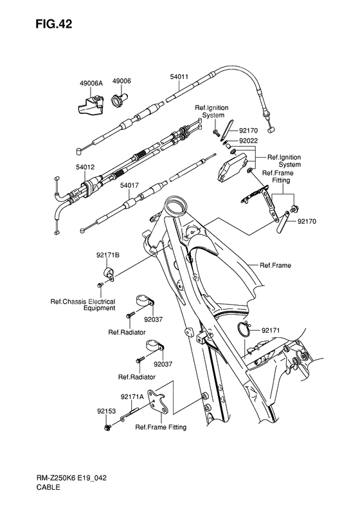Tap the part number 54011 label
click(x=179, y=77)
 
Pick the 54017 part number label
click(x=129, y=185)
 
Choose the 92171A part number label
click(x=132, y=397)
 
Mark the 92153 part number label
click(x=106, y=409)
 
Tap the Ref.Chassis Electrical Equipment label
click(x=83, y=304)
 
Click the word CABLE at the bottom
click(x=49, y=488)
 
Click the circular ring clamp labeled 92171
click(x=244, y=329)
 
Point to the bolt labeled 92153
click(x=107, y=427)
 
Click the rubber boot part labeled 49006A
click(x=87, y=103)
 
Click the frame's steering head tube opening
click(x=174, y=207)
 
